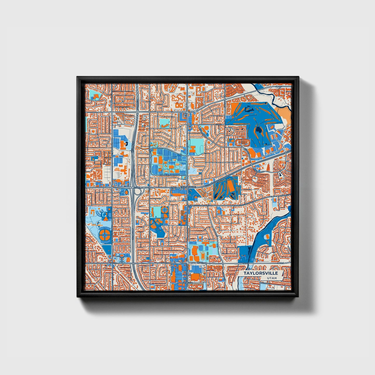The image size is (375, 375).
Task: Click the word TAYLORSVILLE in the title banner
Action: [261, 273]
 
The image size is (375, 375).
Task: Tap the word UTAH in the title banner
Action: [271, 278]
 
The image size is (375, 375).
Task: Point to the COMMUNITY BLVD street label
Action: [168, 176]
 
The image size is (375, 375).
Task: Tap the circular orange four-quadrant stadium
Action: [105, 234]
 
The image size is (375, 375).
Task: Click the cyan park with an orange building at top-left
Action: [95, 96]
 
